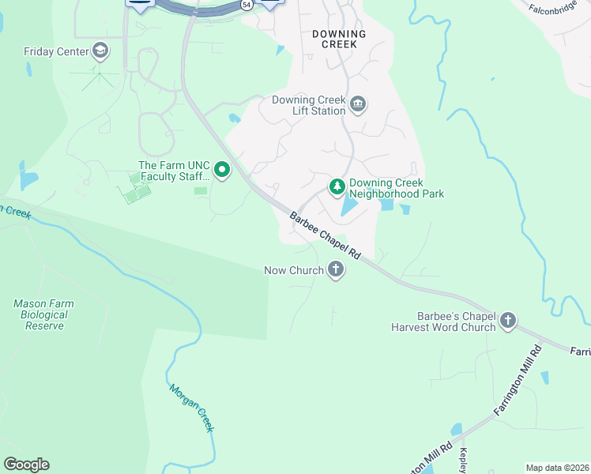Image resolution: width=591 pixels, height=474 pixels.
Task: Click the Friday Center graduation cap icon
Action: [x=100, y=52]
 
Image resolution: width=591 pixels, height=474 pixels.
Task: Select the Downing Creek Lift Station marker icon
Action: [x=358, y=105]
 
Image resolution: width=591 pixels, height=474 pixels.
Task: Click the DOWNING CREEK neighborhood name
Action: [x=339, y=39]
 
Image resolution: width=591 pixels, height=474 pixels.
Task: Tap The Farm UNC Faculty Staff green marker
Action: [x=223, y=170]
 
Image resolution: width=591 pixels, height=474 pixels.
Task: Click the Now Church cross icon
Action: [x=336, y=270]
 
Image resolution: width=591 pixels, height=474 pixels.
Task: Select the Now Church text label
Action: [x=294, y=270]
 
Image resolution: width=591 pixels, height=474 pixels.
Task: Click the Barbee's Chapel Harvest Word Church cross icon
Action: [x=507, y=321]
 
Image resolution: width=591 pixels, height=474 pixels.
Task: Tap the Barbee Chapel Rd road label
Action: [x=325, y=236]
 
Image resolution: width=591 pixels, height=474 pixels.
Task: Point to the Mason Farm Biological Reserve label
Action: [x=41, y=314]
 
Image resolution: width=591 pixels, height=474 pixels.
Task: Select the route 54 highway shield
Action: [x=247, y=5]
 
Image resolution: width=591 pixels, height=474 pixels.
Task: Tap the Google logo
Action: [x=26, y=465]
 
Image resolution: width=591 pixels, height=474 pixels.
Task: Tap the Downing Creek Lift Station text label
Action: [x=309, y=105]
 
